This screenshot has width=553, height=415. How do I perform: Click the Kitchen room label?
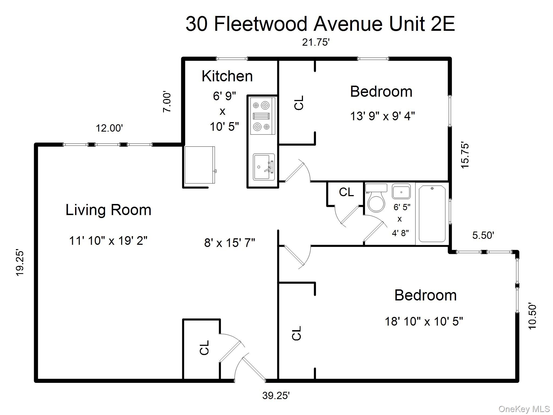tap(227, 76)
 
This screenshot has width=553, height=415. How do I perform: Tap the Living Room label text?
tap(108, 210)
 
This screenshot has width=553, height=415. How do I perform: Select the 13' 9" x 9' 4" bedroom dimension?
tap(382, 116)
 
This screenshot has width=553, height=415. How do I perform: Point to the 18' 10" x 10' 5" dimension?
tap(423, 322)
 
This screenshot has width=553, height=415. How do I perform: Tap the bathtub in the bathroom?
tap(432, 213)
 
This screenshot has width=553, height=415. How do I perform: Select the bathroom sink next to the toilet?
tap(401, 192)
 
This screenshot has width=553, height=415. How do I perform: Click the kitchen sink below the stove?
tap(263, 167)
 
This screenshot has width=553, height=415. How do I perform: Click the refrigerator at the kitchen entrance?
tap(200, 165)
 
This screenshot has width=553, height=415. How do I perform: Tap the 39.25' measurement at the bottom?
tap(276, 396)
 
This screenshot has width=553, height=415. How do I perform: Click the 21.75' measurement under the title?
tap(316, 42)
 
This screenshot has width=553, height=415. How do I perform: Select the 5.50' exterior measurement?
tap(483, 235)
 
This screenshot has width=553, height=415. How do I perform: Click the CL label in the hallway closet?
tap(346, 192)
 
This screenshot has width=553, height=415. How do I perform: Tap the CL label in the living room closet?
tap(204, 347)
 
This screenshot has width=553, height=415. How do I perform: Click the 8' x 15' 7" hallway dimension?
tap(230, 243)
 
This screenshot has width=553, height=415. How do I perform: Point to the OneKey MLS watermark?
tap(524, 409)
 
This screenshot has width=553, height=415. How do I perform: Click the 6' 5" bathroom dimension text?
tap(402, 207)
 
